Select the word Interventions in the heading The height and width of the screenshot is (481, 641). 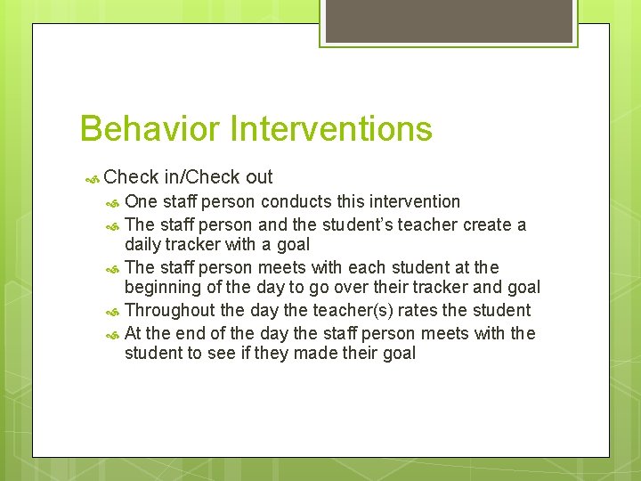click(330, 129)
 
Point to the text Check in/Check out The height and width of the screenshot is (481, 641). click(188, 177)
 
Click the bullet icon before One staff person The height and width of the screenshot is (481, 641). click(113, 202)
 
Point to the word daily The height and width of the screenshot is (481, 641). click(143, 244)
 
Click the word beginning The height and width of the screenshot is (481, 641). click(163, 287)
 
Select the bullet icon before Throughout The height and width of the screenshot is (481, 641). click(113, 311)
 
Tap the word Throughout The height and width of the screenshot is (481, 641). click(170, 310)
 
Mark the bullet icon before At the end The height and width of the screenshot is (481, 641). click(113, 334)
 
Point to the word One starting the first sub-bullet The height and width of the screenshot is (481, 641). click(140, 201)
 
